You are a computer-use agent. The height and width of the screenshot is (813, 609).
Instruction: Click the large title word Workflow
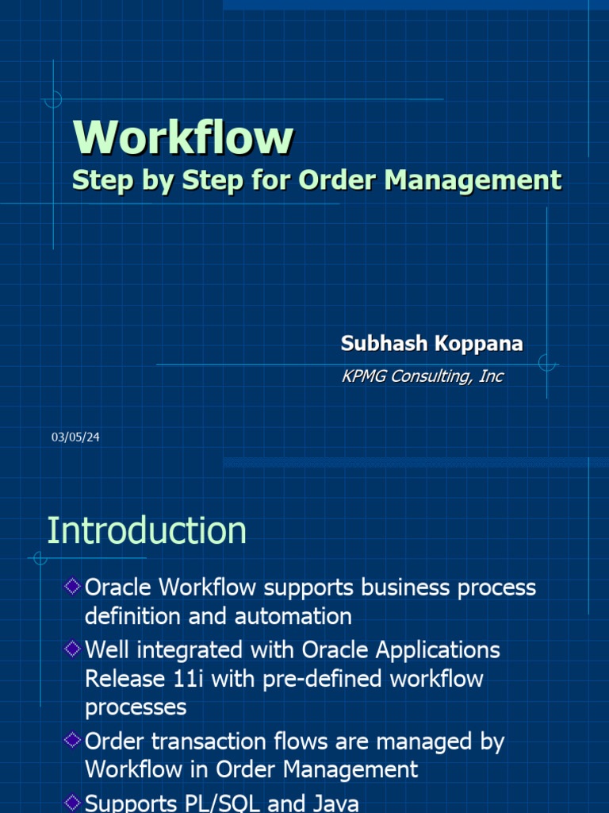(183, 137)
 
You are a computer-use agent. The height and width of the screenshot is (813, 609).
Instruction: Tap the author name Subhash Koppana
(431, 343)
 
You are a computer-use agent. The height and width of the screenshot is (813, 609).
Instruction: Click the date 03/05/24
(75, 437)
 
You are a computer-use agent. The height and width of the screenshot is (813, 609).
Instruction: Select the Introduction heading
(147, 530)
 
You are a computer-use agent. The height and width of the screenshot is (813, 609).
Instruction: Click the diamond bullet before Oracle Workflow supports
(72, 587)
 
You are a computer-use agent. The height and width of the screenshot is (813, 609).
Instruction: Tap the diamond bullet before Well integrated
(72, 649)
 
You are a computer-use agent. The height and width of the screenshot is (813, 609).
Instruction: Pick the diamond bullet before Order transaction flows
(72, 741)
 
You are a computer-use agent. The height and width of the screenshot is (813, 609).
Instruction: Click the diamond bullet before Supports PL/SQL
(72, 802)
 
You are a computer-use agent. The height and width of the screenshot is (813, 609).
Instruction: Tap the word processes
(136, 707)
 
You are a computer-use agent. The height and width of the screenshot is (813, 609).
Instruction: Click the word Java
(332, 803)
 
